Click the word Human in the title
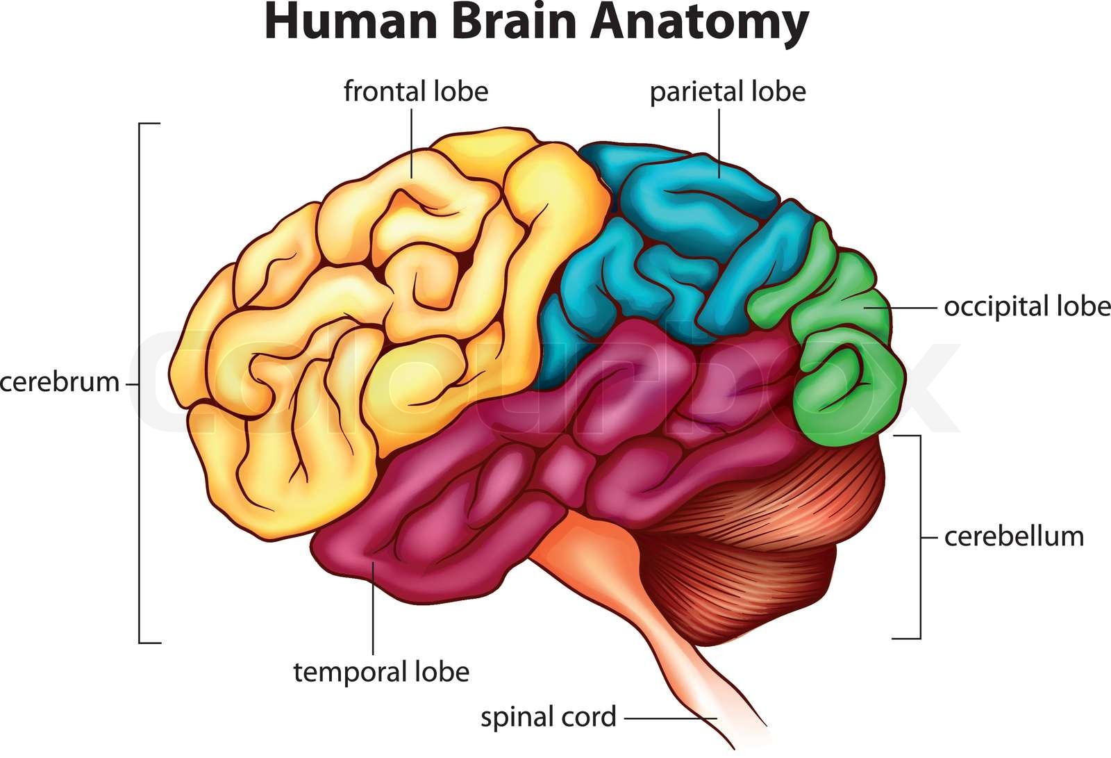click(x=340, y=22)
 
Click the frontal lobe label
click(x=416, y=91)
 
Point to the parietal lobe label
click(x=728, y=91)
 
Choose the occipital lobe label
click(x=1027, y=306)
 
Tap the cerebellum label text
click(x=1014, y=536)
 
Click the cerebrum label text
click(x=60, y=382)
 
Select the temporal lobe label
click(x=381, y=672)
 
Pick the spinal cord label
click(x=549, y=717)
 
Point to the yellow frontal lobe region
click(x=333, y=313)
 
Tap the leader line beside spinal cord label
click(x=670, y=718)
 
